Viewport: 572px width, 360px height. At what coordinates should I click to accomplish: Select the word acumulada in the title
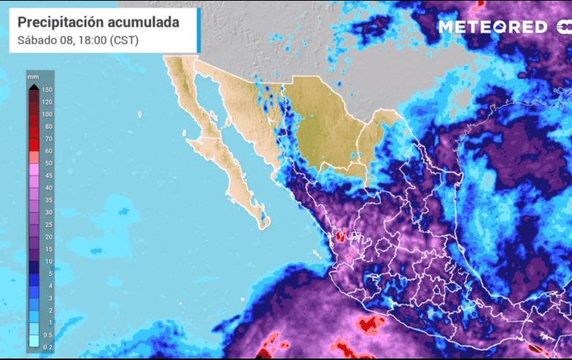click(146, 22)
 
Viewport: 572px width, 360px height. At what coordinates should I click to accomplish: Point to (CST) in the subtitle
click(124, 40)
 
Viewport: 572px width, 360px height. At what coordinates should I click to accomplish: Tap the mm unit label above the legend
click(33, 76)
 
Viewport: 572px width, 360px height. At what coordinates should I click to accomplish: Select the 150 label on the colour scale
click(48, 90)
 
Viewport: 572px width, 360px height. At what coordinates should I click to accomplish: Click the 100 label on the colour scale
click(48, 114)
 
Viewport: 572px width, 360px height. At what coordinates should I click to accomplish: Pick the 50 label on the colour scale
click(48, 163)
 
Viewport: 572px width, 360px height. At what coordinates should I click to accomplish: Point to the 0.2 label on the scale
click(48, 347)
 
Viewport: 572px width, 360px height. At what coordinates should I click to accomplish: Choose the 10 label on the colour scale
click(48, 261)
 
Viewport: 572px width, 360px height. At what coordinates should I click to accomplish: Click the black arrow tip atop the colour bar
click(33, 88)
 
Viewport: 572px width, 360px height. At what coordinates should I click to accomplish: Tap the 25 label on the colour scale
click(48, 225)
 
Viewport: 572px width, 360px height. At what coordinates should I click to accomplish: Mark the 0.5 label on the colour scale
click(48, 335)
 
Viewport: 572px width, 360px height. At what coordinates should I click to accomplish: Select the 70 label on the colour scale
click(48, 139)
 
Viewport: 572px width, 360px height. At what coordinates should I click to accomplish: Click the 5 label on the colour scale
click(48, 274)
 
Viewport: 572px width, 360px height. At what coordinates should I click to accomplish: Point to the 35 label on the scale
click(48, 200)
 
